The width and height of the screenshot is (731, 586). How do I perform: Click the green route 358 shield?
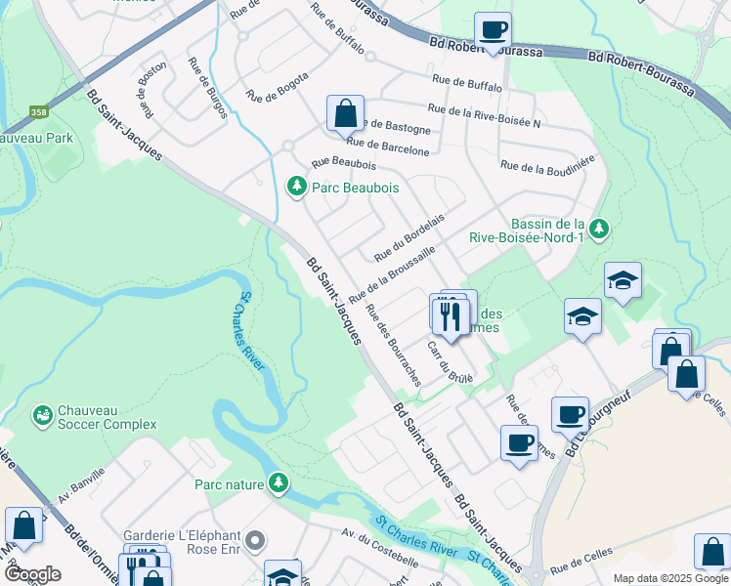click(x=39, y=112)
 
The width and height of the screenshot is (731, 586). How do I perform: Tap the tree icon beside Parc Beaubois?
click(x=295, y=185)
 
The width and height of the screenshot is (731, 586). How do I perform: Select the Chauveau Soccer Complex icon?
click(x=43, y=416)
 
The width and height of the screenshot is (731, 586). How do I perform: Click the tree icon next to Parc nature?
click(x=279, y=482)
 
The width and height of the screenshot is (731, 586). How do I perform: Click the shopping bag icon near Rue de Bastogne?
click(x=345, y=113)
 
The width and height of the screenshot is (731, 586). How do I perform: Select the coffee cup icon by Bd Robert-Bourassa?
click(x=494, y=29)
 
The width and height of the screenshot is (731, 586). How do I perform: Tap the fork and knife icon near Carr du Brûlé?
click(x=450, y=315)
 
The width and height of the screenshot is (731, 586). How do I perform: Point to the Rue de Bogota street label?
click(x=278, y=87)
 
